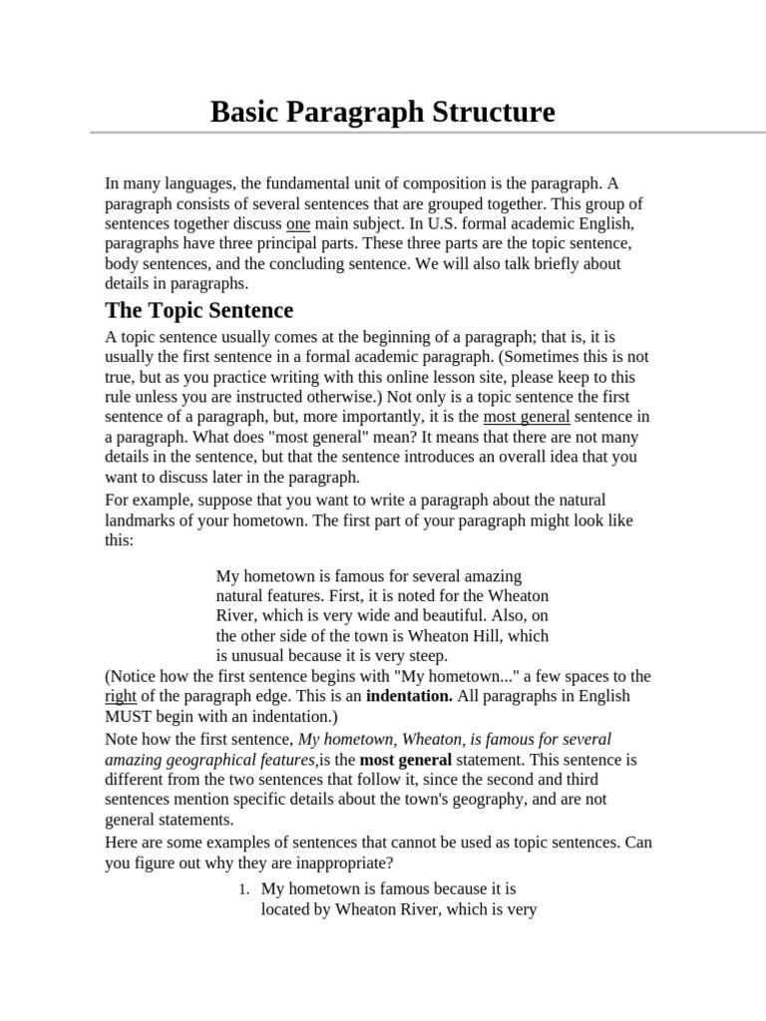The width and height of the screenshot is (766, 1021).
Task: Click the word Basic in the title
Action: [x=244, y=112]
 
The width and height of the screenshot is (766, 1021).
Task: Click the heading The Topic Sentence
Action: [x=199, y=310]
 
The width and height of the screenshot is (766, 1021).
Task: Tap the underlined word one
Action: [x=298, y=223]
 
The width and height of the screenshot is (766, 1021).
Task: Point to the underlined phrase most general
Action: [x=527, y=417]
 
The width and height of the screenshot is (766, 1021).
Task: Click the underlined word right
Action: [x=121, y=696]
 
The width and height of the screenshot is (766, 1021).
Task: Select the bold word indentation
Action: [x=409, y=696]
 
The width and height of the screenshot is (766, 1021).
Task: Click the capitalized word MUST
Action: [x=129, y=716]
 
